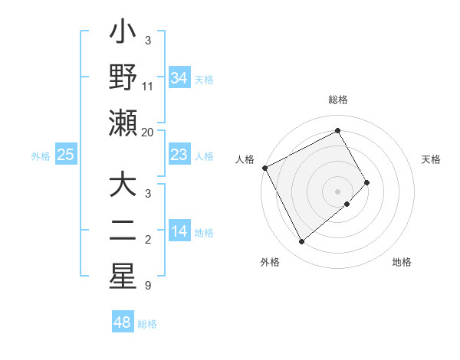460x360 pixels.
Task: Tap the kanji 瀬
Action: [x=123, y=123]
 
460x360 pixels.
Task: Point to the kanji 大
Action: [x=123, y=185]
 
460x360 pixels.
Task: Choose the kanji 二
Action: [x=123, y=231]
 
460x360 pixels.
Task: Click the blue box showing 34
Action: [x=179, y=77]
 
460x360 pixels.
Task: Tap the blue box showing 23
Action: [x=179, y=155]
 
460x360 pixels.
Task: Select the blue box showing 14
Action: [x=179, y=231]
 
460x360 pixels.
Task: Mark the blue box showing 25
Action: [x=65, y=155]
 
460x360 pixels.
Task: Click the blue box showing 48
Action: [x=123, y=322]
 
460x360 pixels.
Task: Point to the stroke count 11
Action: [x=148, y=87]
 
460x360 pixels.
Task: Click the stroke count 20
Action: [x=148, y=133]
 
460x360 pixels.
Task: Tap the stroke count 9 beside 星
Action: [x=147, y=286]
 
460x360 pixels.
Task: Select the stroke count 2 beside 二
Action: [x=147, y=240]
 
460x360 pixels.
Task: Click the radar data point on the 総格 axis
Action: [x=337, y=131]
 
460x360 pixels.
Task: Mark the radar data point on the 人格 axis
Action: [x=264, y=167]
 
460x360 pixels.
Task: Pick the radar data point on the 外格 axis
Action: [x=301, y=241]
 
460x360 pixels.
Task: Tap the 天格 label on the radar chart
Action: [x=432, y=159]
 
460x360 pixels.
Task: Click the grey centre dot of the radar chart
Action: [x=337, y=191]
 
